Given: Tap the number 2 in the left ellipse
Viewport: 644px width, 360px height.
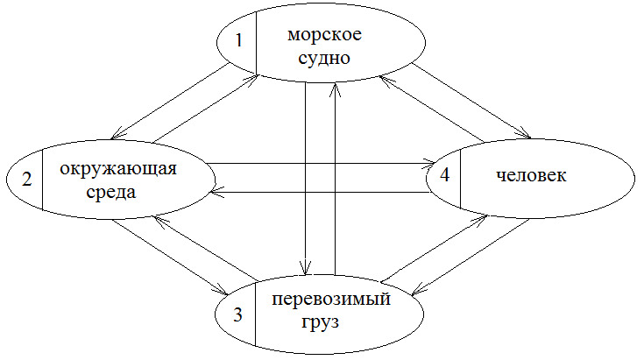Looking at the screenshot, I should tap(26, 180).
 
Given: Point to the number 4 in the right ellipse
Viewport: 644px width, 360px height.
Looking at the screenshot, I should tap(445, 175).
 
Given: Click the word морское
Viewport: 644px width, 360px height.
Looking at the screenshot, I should tap(323, 36).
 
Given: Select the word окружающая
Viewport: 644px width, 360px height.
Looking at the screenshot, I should tap(124, 169).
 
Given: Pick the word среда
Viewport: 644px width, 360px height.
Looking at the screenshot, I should tap(112, 192).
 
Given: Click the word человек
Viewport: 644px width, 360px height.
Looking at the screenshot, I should tap(531, 175).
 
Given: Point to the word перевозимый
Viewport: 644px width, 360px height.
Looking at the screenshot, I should tap(330, 299).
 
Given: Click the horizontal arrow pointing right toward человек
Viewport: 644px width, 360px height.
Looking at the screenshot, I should tap(324, 163).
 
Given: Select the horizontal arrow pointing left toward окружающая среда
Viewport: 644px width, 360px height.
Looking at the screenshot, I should tap(324, 190).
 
